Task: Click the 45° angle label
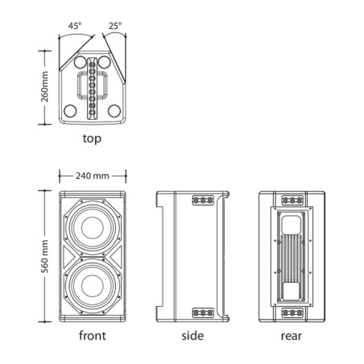coord(75,26)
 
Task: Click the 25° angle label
coord(115,26)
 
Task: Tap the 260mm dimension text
coord(44,87)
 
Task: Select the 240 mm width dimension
coord(93,176)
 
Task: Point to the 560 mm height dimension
coord(44,257)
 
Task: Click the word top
coord(92,139)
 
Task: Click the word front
coord(93,336)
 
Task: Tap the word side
coord(192,336)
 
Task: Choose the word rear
coord(292,336)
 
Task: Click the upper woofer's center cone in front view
coord(93,228)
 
